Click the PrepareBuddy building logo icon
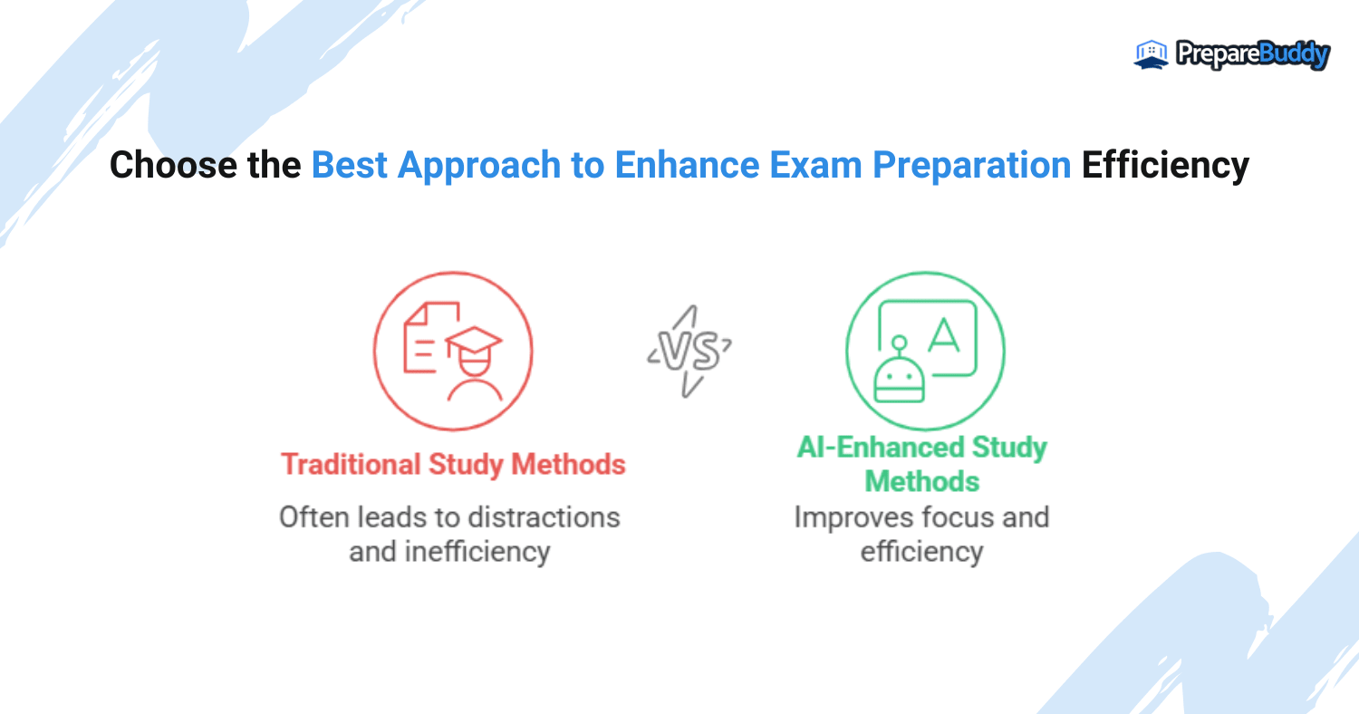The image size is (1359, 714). click(x=1151, y=54)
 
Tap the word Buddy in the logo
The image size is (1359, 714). click(x=1294, y=55)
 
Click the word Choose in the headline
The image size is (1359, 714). click(x=173, y=165)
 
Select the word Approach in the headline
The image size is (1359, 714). click(x=479, y=166)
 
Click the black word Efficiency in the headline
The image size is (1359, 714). click(x=1165, y=166)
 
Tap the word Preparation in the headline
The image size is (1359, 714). click(x=972, y=166)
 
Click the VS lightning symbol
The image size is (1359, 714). click(x=689, y=352)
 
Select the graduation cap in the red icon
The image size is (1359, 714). click(x=474, y=343)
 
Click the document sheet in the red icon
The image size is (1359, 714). click(x=427, y=337)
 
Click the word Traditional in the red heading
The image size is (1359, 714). click(x=351, y=465)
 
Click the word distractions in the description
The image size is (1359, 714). click(x=544, y=518)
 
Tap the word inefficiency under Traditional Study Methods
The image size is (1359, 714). click(x=477, y=553)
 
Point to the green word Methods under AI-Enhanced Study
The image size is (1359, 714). click(x=922, y=482)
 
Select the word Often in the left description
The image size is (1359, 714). click(x=313, y=518)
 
